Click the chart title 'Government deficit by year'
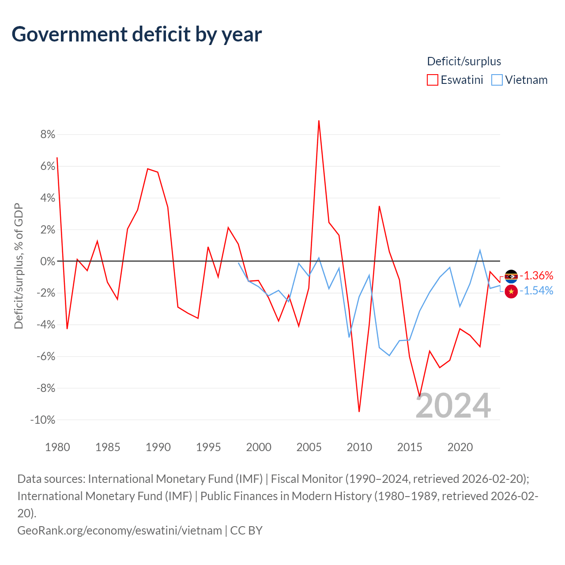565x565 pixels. tap(137, 34)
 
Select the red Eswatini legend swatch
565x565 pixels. tap(432, 80)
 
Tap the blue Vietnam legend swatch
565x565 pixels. tap(497, 80)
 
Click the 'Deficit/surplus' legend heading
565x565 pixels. tap(464, 61)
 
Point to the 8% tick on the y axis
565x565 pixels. tap(48, 134)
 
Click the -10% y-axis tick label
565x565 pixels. tap(43, 420)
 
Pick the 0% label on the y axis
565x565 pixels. tap(48, 261)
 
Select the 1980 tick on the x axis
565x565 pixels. tap(57, 447)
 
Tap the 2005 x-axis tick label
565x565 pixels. tap(309, 447)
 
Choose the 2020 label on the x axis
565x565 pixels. tap(460, 447)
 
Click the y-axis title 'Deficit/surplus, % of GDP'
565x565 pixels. tap(19, 266)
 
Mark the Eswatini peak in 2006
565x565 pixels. tap(319, 121)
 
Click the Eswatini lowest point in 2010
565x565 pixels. tap(359, 411)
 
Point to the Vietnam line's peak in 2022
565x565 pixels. tap(480, 250)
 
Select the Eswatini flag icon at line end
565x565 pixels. tap(511, 276)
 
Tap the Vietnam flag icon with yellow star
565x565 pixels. tap(511, 291)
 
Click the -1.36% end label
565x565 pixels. tap(536, 275)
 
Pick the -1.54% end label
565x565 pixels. tap(536, 290)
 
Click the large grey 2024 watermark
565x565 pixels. tap(453, 406)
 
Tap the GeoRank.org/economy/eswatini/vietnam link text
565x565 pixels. tap(120, 530)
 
